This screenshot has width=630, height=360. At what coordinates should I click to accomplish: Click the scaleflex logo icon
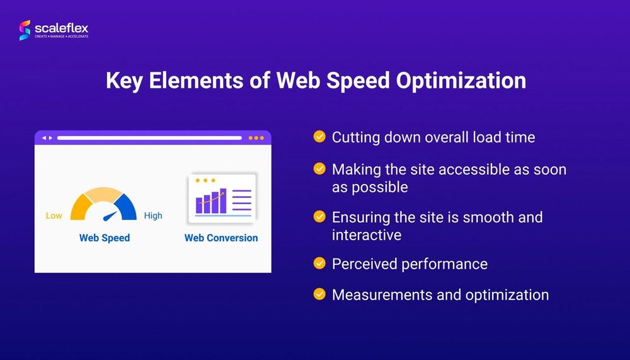[25, 30]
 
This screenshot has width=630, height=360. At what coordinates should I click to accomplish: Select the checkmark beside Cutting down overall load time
[319, 136]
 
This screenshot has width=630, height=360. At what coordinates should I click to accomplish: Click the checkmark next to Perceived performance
[319, 263]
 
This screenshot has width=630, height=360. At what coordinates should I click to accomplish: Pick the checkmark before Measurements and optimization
[319, 294]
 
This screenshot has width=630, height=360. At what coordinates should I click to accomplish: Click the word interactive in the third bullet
[367, 235]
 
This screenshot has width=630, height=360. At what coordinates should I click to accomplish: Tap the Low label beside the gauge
[54, 216]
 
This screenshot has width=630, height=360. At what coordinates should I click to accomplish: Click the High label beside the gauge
[153, 216]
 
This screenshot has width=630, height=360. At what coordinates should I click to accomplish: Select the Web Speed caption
[105, 238]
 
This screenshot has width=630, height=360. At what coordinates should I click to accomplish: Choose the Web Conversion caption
[221, 238]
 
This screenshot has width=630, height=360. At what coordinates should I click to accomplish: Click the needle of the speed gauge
[110, 216]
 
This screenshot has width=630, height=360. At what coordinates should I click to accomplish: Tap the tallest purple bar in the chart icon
[222, 200]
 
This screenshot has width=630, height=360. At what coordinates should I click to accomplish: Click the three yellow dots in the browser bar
[256, 137]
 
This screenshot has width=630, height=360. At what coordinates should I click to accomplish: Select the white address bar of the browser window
[149, 137]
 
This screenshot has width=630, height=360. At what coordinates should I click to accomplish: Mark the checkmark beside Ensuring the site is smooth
[319, 216]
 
